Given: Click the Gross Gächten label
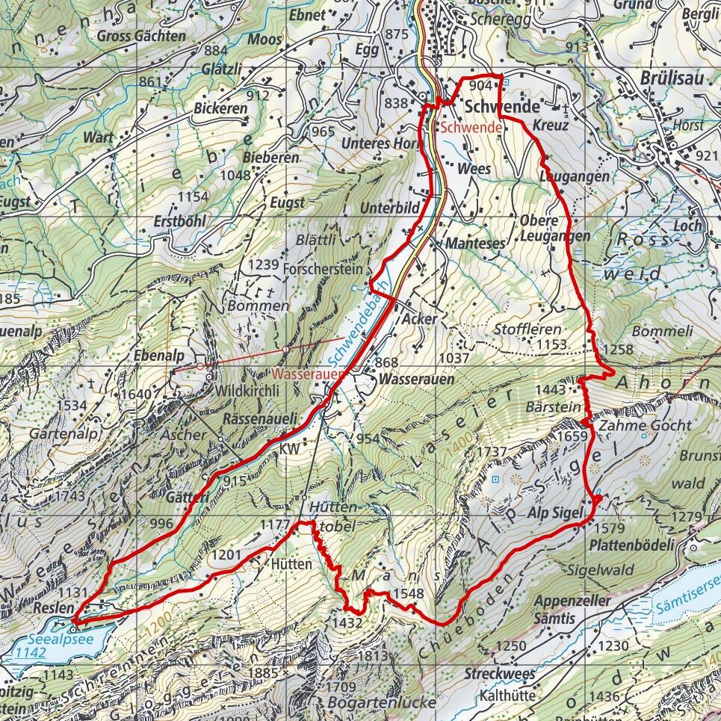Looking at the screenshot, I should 140,36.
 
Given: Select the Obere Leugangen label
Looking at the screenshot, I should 554,228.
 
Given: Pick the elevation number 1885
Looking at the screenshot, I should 263,673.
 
